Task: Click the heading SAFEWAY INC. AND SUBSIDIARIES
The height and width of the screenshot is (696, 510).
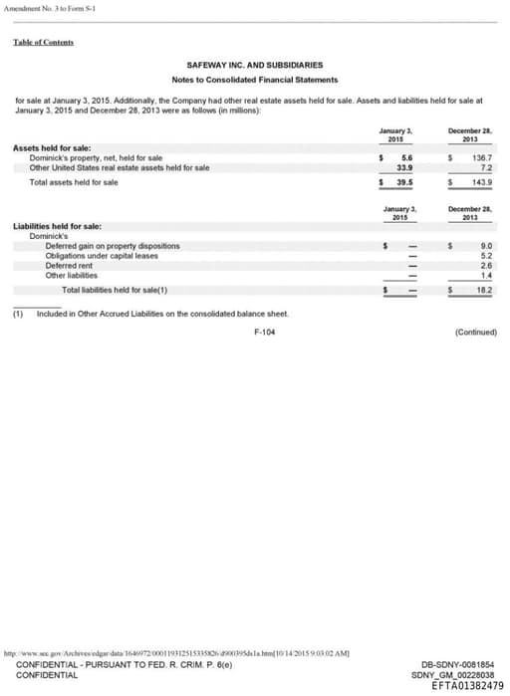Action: (254, 65)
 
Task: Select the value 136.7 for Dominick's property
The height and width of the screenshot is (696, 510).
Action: (483, 157)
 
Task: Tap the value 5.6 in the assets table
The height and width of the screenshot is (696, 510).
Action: (406, 157)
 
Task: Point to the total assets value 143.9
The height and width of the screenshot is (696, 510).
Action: (483, 182)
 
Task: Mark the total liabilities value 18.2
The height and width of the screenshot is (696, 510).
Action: (485, 290)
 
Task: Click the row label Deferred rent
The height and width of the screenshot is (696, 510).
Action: (69, 264)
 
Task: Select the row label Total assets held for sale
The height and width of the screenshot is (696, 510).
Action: (74, 182)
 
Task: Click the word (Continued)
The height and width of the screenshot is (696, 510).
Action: (473, 332)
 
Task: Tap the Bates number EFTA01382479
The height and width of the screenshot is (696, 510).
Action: (467, 685)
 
